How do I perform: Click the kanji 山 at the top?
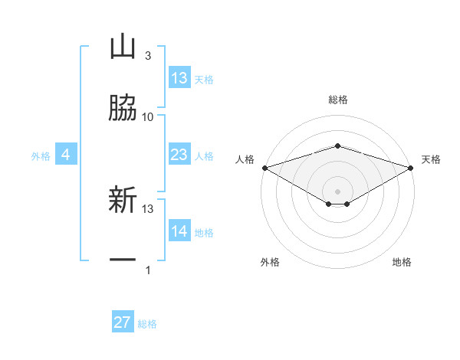(122, 47)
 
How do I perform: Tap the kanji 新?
(122, 201)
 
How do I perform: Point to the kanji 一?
(122, 261)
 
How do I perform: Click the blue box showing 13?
(179, 78)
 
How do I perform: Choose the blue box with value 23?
(179, 155)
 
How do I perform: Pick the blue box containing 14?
(179, 231)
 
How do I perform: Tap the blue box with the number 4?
(66, 155)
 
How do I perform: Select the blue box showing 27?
(123, 322)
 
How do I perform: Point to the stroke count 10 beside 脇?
(148, 116)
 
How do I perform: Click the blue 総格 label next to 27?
(147, 324)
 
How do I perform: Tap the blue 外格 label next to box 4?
(41, 156)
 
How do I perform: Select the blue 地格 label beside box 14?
(204, 233)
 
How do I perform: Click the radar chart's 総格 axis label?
(337, 100)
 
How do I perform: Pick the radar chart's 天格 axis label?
(432, 159)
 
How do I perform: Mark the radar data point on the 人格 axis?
(264, 168)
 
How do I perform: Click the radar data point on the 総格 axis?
(337, 146)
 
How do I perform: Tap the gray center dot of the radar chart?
(337, 191)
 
